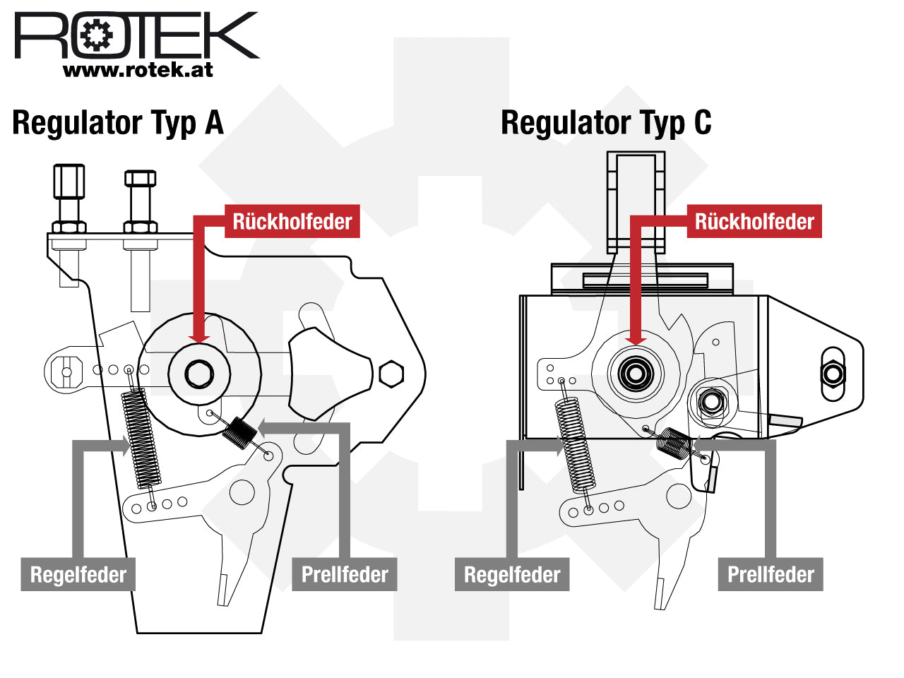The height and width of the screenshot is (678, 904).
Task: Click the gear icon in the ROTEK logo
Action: (96, 35)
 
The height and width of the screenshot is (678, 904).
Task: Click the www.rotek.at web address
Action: (138, 70)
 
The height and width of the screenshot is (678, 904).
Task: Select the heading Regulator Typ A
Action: (118, 123)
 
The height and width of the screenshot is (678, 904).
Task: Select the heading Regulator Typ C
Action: (606, 123)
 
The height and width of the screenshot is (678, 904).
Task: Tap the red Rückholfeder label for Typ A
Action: (292, 221)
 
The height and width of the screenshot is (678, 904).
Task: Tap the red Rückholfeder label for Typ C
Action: (754, 221)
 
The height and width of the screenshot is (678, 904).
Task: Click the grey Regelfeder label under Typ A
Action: (78, 574)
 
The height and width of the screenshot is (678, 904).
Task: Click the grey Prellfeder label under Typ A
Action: (345, 574)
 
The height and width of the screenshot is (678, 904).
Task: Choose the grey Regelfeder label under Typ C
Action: (512, 574)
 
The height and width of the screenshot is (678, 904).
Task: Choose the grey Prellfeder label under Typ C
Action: (771, 574)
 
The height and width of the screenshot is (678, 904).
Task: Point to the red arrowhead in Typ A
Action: (199, 338)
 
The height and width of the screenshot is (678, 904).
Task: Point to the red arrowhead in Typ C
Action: (636, 340)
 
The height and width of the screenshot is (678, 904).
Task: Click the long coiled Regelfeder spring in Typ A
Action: (141, 438)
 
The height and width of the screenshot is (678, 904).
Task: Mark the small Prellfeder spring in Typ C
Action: (673, 443)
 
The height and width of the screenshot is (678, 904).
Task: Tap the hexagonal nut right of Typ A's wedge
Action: (391, 374)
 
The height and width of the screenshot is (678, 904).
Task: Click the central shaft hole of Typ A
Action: (199, 374)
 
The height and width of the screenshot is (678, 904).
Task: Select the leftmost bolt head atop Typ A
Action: (69, 181)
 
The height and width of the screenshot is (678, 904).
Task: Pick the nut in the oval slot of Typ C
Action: (833, 374)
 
